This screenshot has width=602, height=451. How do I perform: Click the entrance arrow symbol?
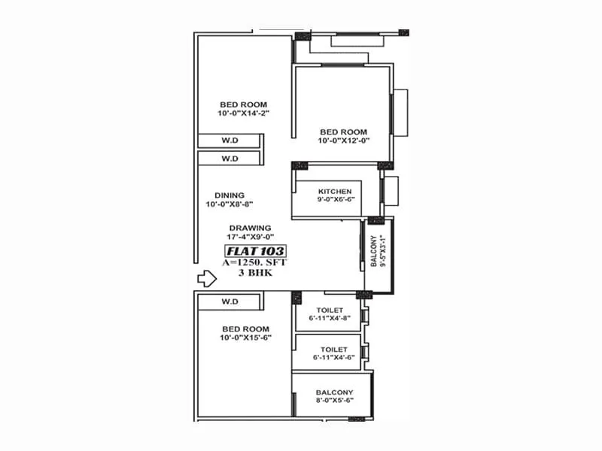coord(206,279)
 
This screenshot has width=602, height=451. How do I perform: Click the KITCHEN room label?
coord(335,192)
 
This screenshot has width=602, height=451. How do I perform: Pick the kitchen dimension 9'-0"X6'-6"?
coord(335,201)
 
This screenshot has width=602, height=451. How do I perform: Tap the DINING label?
coord(229,195)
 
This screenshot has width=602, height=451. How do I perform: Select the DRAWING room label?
coord(251,228)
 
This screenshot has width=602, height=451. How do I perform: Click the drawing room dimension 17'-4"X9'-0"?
coord(251,238)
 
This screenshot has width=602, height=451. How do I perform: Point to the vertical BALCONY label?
coord(373,253)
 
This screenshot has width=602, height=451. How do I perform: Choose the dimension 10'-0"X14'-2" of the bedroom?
coord(243,114)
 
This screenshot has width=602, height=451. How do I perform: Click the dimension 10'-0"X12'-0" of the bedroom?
coord(342,141)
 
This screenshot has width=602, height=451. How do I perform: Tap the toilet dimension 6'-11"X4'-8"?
coord(330,319)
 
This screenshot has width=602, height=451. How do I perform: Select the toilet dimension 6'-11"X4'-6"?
coord(333,359)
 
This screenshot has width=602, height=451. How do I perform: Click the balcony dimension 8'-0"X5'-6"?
coord(334,402)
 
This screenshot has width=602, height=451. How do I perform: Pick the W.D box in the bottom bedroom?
coord(230,301)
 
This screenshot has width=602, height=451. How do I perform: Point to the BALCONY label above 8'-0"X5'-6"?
coord(334,392)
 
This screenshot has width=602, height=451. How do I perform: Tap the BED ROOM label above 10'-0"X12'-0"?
coord(342,132)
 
